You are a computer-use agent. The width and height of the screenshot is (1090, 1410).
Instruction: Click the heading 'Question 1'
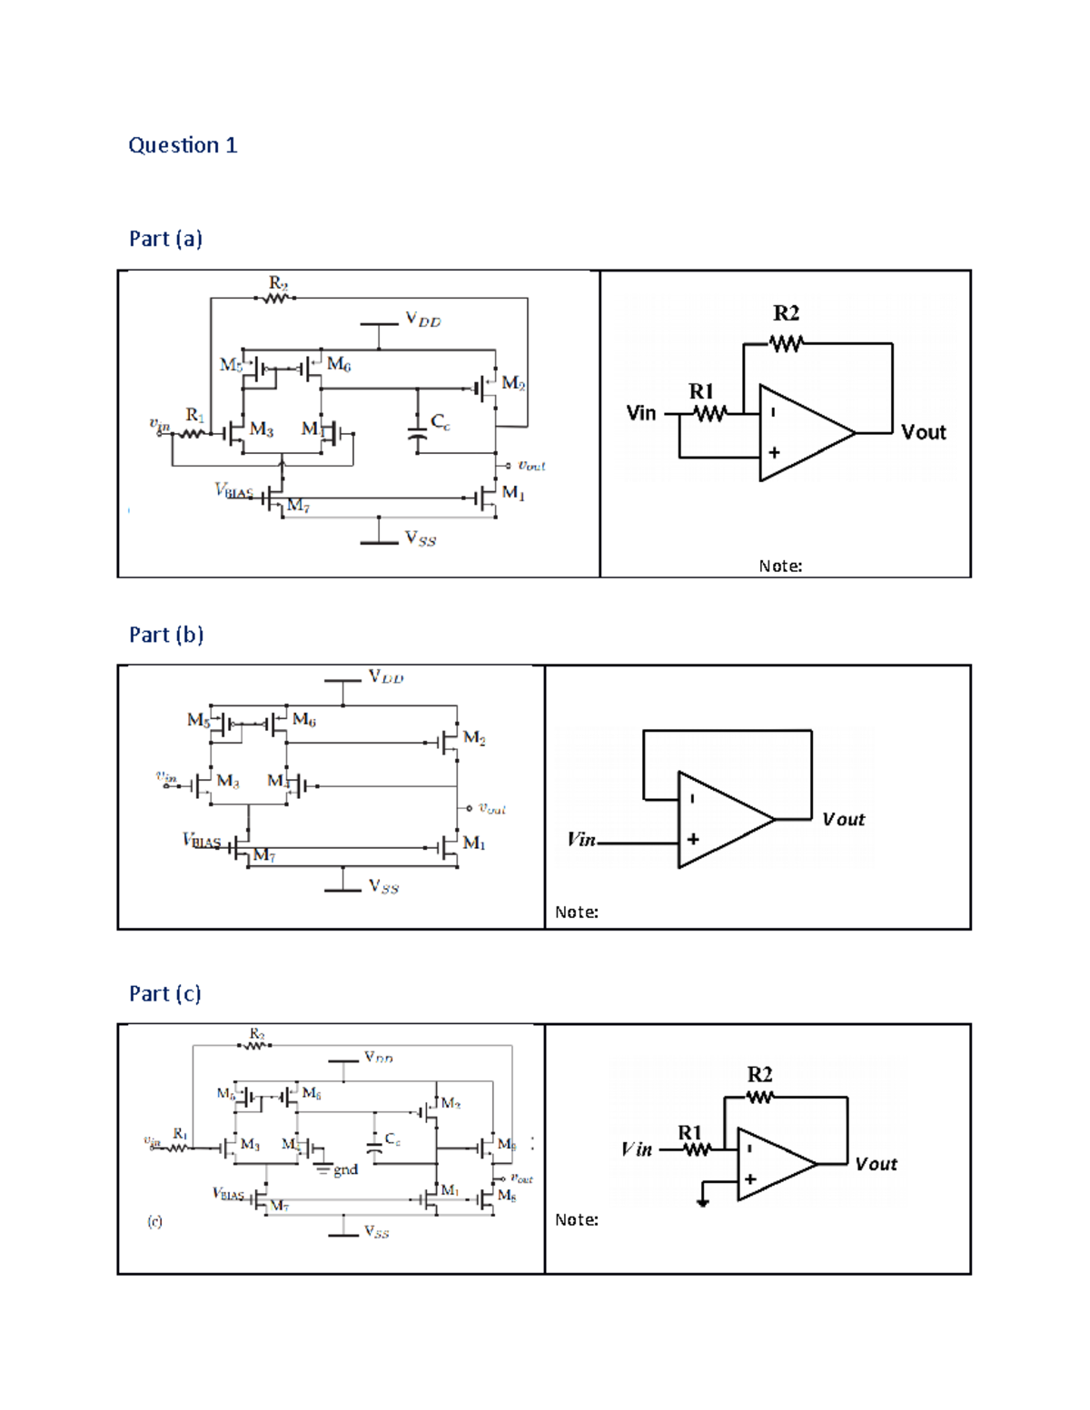(x=183, y=145)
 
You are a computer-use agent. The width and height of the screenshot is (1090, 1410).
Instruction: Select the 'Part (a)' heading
(x=165, y=239)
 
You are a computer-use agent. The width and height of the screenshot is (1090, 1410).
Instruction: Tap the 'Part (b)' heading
(x=166, y=635)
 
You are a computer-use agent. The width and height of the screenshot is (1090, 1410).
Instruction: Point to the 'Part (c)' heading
(x=165, y=993)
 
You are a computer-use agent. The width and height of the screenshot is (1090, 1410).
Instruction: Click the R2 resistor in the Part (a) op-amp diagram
(x=787, y=343)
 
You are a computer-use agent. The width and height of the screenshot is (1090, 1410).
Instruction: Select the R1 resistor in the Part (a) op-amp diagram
(x=709, y=414)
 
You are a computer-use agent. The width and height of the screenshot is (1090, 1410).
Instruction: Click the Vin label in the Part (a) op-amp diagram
(x=641, y=413)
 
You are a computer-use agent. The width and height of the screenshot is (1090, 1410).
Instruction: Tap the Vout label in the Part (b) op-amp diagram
(x=843, y=819)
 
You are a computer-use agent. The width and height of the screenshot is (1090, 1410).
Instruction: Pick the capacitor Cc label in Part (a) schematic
(x=440, y=421)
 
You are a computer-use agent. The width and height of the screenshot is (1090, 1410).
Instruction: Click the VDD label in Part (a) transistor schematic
(x=422, y=320)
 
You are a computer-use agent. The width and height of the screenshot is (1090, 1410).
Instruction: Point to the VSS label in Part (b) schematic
(x=383, y=886)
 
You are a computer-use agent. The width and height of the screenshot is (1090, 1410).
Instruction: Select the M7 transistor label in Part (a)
(x=298, y=506)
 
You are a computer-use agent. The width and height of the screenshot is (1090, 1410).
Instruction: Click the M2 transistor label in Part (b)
(x=473, y=737)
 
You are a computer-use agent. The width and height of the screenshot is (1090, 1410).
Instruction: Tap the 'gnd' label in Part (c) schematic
(x=345, y=1170)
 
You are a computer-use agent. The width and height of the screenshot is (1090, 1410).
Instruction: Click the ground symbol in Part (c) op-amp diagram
(x=702, y=1202)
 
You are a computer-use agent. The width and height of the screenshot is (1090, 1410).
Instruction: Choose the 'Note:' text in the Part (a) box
(x=780, y=566)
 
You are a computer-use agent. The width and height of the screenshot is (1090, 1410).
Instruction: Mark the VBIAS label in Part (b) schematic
(x=202, y=841)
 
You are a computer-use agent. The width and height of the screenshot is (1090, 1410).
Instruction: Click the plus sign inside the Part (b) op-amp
(x=693, y=840)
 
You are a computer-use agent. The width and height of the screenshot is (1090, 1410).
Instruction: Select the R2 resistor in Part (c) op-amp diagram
(x=760, y=1097)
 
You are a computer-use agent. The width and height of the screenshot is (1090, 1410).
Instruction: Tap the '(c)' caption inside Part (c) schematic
(x=155, y=1221)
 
